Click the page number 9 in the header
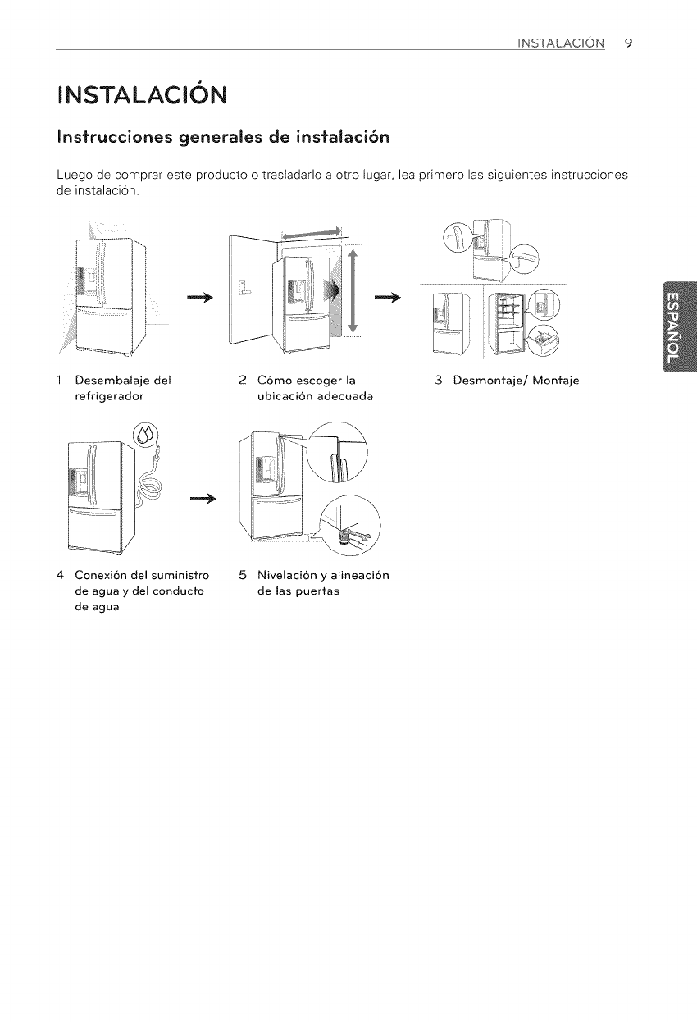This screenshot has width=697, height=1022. pos(627,43)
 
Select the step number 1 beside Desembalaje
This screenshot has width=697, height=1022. pos(60,379)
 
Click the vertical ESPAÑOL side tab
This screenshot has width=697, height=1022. pos(671,326)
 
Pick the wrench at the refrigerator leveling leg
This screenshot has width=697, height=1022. pos(355,537)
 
